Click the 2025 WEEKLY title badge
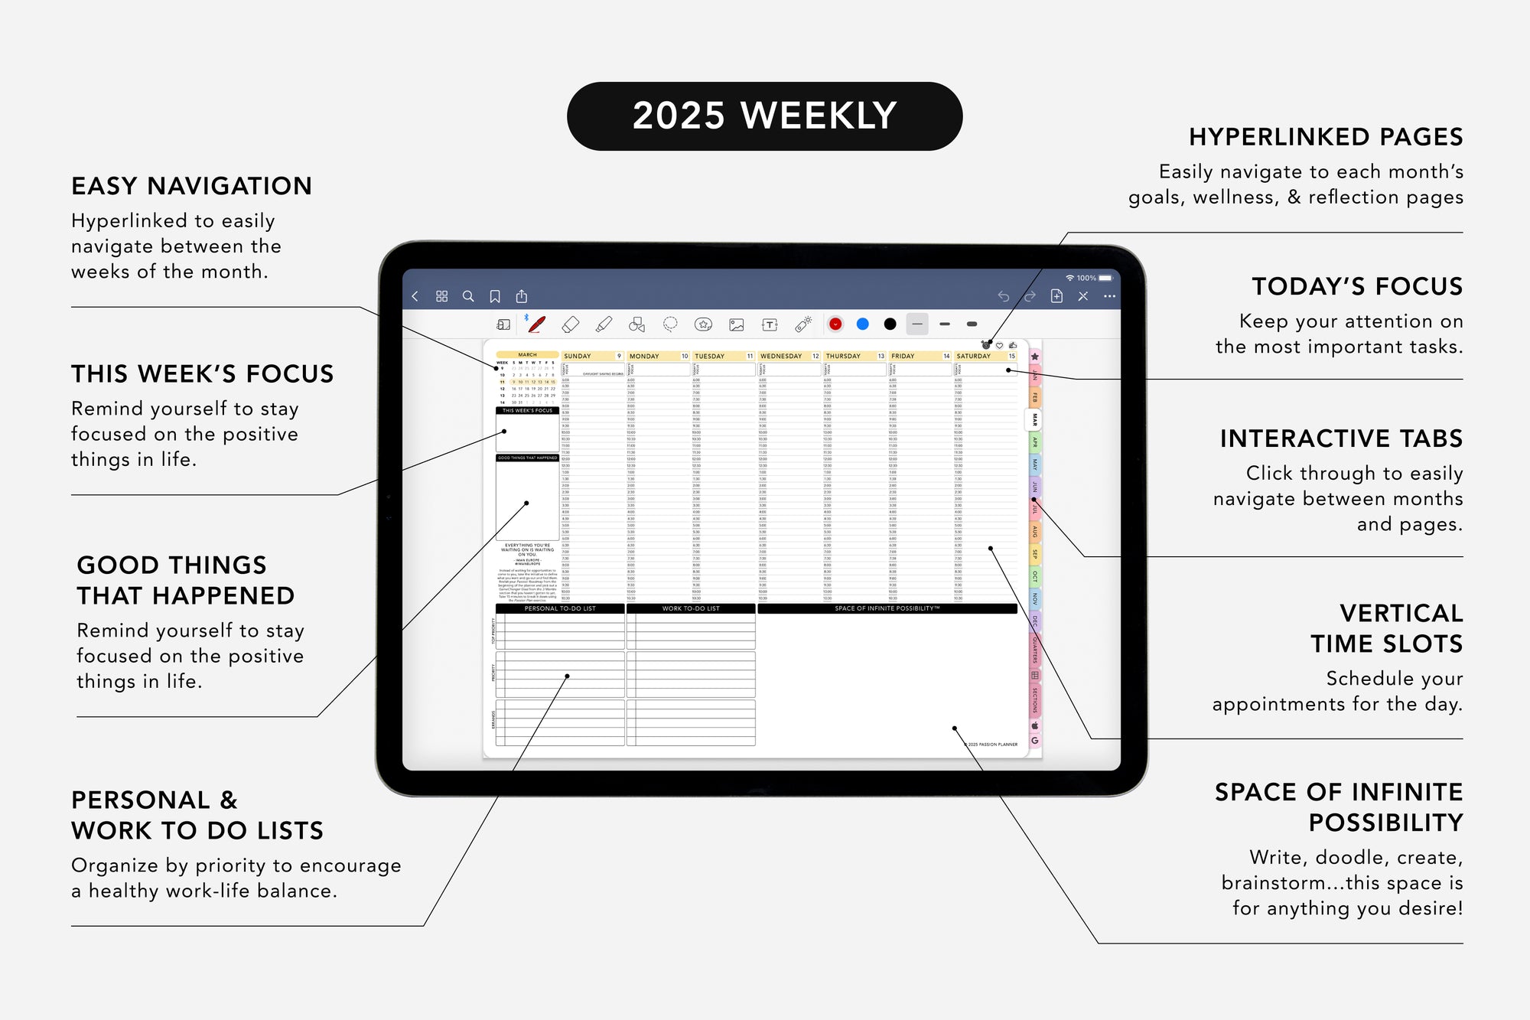764,116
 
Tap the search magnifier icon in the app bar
468,296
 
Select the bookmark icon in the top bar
495,296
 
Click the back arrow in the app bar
415,296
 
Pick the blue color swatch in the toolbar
862,324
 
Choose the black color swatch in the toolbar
890,324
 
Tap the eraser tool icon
570,324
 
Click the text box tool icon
770,324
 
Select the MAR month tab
1034,419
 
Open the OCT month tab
1034,576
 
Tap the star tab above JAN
1034,357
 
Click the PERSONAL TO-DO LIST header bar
560,608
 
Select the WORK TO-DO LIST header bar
691,608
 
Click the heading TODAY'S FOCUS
1356,286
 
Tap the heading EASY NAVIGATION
191,186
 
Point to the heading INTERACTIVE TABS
1341,438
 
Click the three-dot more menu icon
1109,296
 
